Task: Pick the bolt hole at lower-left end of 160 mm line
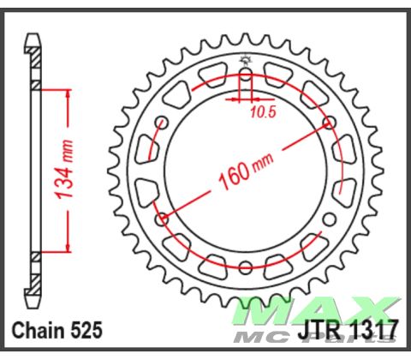click(162, 219)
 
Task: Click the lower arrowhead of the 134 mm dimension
click(63, 249)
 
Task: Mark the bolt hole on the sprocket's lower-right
click(332, 219)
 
